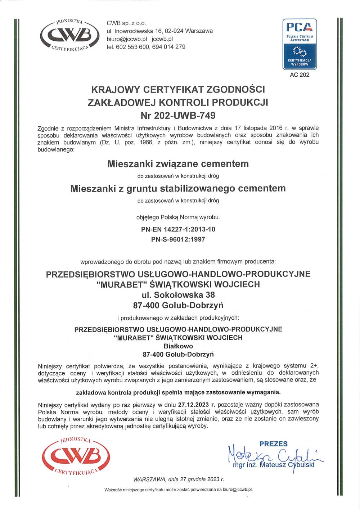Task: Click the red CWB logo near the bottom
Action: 76,456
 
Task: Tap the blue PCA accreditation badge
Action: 300,44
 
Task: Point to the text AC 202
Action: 300,75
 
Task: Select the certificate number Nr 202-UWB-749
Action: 178,116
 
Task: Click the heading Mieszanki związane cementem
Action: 178,164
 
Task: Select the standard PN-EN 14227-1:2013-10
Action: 178,229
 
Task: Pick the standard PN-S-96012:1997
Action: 178,239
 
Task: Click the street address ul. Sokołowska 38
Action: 178,295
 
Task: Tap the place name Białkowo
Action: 178,346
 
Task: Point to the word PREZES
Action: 274,444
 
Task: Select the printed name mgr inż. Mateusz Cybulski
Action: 274,465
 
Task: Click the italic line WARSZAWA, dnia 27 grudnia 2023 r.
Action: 178,479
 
